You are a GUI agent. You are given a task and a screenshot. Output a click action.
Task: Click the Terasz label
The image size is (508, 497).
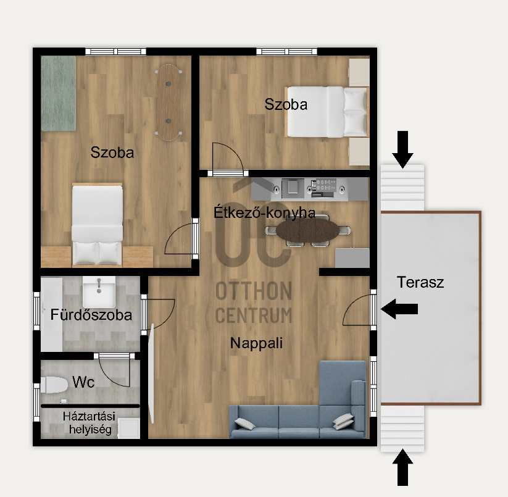[420, 282]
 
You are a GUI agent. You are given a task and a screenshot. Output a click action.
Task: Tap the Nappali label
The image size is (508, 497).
[256, 343]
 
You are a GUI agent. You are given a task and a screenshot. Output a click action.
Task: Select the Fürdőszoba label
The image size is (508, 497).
[91, 315]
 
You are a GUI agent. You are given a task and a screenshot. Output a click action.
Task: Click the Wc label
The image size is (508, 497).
[83, 382]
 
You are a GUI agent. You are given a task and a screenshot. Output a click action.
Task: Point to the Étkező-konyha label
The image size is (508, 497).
[264, 212]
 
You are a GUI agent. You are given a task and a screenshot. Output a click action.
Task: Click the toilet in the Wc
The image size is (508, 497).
[54, 385]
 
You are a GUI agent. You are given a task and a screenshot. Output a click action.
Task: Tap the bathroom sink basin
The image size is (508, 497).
[99, 291]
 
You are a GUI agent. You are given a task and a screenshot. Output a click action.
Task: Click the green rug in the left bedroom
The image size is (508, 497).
[58, 93]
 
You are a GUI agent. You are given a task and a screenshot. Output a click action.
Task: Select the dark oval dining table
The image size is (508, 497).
[308, 230]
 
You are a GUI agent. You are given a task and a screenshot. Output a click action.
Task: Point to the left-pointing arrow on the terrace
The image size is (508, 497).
[399, 309]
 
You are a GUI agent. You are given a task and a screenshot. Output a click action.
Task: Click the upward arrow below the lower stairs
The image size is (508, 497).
[402, 467]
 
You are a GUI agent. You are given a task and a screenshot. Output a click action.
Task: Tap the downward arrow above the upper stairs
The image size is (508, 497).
[402, 149]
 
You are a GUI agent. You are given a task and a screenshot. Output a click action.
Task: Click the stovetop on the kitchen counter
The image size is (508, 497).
[323, 188]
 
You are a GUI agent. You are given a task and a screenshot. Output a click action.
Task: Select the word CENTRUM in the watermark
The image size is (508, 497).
[254, 315]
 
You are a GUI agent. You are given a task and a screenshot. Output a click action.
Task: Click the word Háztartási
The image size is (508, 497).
[89, 416]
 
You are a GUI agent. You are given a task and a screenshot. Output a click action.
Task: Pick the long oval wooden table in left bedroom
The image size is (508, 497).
[169, 102]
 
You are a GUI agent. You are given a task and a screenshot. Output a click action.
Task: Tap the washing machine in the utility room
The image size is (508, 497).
[128, 428]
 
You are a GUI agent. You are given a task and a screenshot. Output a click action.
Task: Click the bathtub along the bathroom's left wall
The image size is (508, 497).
[51, 314]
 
